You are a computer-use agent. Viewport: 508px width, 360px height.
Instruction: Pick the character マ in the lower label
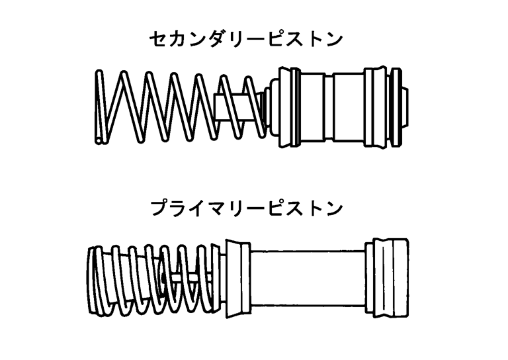(216, 209)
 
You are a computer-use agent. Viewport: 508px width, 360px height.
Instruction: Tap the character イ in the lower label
(196, 209)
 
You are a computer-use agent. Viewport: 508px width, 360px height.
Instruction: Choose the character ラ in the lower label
(177, 209)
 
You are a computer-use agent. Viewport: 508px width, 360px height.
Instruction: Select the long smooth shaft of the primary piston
(308, 278)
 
